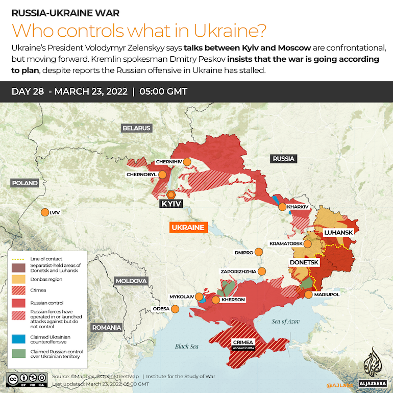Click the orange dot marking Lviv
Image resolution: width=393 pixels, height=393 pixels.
(44, 212)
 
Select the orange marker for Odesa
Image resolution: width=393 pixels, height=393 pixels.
(175, 309)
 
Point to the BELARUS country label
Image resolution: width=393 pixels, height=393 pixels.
(137, 128)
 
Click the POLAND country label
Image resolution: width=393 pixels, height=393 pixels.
(25, 183)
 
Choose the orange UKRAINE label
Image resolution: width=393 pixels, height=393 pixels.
(187, 228)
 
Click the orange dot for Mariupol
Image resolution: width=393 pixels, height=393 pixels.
(308, 294)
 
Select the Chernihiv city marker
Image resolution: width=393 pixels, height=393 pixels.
(187, 162)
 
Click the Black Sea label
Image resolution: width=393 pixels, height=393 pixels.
(186, 347)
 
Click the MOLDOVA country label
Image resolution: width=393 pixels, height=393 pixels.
(131, 281)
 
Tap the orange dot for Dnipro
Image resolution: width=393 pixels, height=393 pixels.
(259, 252)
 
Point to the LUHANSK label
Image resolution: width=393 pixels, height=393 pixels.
(338, 232)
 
